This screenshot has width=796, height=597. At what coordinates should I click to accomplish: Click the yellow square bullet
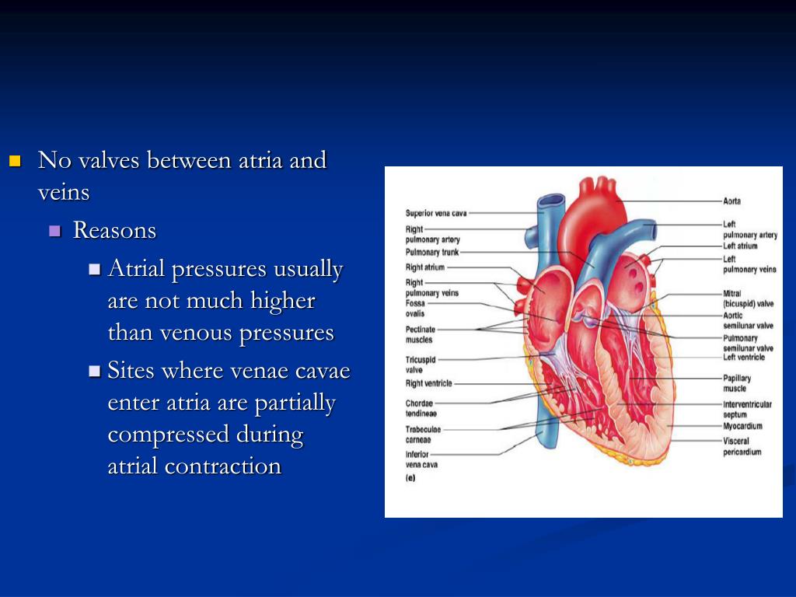[x=14, y=162]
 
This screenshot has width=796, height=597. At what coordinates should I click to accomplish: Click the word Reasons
[x=114, y=231]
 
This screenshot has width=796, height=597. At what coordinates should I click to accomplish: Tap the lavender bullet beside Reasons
[x=54, y=231]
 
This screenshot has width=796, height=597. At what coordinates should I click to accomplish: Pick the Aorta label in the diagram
[x=731, y=201]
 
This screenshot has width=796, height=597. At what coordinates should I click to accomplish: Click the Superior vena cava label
[x=436, y=213]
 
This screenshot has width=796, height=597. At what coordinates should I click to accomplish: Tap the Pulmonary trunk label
[x=432, y=253]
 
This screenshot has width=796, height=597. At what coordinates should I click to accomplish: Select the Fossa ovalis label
[x=415, y=309]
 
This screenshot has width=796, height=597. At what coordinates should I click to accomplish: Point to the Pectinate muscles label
[x=421, y=334]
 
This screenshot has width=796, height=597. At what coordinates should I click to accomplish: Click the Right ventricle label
[x=428, y=383]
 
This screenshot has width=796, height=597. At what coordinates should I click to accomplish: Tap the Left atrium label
[x=740, y=246]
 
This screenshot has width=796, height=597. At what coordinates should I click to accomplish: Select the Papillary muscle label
[x=737, y=383]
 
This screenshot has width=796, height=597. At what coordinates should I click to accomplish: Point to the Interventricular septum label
[x=747, y=409]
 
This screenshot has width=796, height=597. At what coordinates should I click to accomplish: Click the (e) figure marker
[x=410, y=478]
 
